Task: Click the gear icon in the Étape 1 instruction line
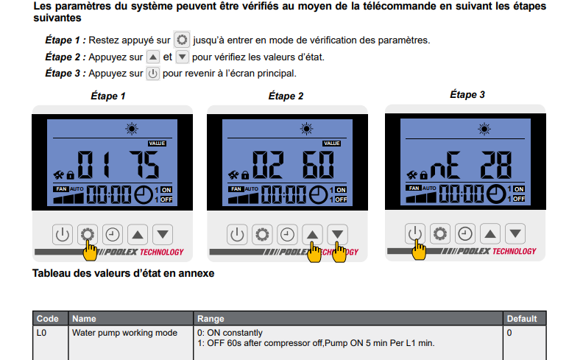click(182, 40)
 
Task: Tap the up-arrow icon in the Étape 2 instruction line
click(153, 57)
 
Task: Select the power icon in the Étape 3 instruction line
click(153, 74)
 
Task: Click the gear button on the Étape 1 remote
click(88, 234)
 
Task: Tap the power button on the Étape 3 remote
click(414, 233)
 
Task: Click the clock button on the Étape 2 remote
click(287, 234)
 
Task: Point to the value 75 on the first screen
click(144, 165)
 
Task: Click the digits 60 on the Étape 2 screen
click(318, 165)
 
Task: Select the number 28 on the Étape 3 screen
click(496, 165)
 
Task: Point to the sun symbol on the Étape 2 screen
click(307, 129)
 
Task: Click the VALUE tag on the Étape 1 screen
click(157, 144)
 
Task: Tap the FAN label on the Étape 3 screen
click(414, 188)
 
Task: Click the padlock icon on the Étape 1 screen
click(71, 175)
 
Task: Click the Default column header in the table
click(522, 319)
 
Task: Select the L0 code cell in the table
click(41, 333)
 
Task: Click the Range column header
click(211, 319)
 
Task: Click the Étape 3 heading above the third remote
click(467, 95)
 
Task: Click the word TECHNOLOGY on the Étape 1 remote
click(162, 253)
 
